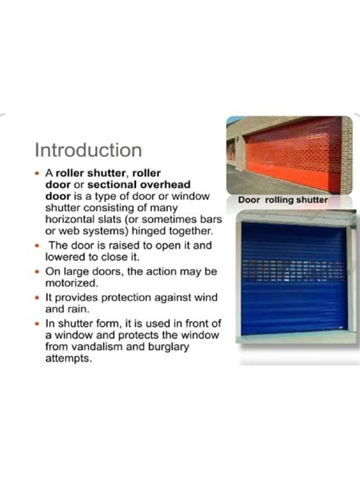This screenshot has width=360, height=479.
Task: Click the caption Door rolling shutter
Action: click(283, 200)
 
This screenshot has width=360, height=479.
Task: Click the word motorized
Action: click(74, 283)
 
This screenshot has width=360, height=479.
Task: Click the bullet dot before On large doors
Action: click(38, 271)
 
